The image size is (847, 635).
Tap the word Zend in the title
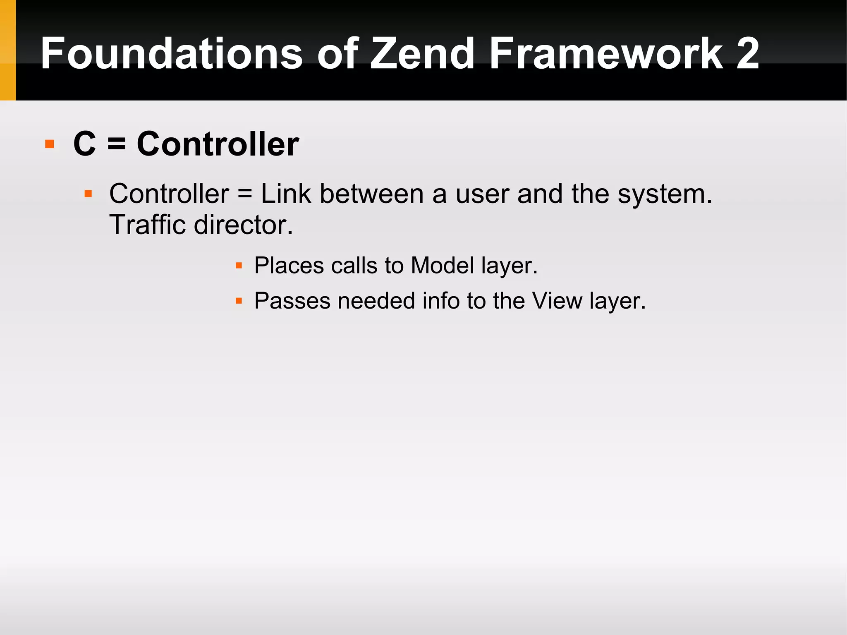coord(422,54)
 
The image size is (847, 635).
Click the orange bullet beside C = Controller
coord(50,144)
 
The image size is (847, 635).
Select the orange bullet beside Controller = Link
coord(88,194)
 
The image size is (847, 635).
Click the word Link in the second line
coord(286,194)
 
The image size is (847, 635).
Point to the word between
coord(372,194)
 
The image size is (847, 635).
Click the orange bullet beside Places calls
coord(239,266)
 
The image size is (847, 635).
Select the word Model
coord(442,266)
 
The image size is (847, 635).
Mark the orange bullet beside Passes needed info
coord(239,301)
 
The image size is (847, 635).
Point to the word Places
coord(289,266)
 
